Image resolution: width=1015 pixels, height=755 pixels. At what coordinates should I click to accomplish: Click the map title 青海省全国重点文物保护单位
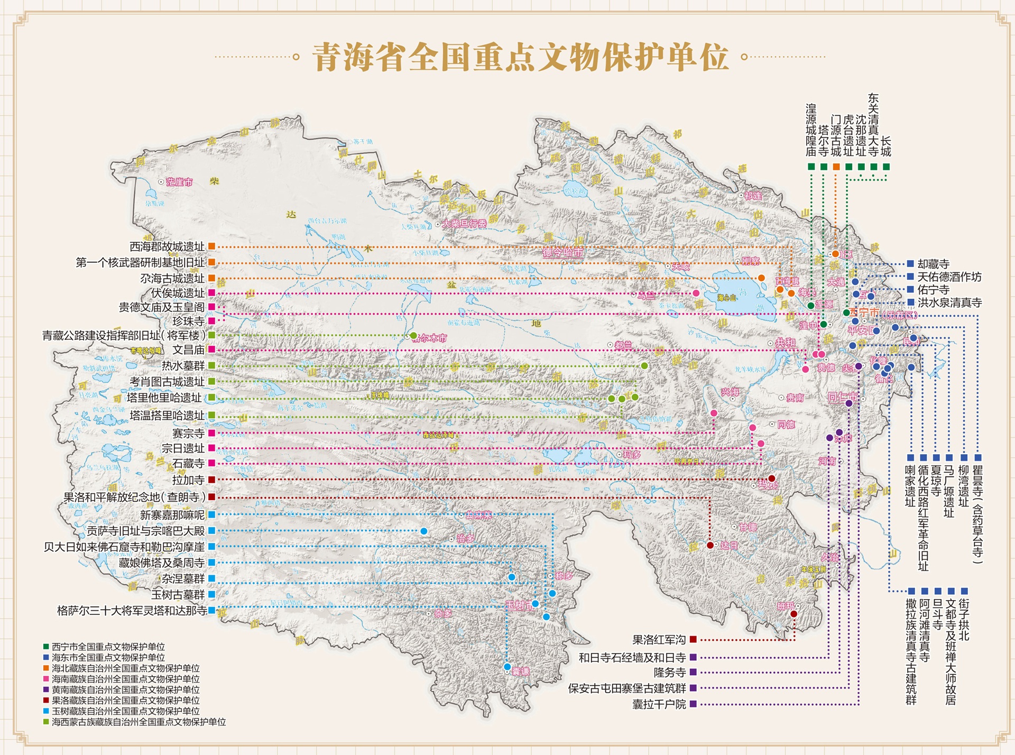[x=521, y=57]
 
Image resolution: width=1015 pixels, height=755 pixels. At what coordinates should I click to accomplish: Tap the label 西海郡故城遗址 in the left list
[x=167, y=246]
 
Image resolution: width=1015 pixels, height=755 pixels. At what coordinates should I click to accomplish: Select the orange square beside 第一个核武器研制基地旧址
[x=211, y=262]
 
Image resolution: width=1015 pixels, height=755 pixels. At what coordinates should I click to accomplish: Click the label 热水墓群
[x=183, y=365]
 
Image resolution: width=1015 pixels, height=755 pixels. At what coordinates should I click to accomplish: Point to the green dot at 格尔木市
[x=413, y=336]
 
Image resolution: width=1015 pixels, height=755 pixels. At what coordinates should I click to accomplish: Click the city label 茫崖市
[x=180, y=182]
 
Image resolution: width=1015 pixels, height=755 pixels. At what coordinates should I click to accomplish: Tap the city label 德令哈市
[x=562, y=253]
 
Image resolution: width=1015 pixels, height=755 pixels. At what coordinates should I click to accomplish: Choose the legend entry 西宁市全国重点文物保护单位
[x=108, y=647]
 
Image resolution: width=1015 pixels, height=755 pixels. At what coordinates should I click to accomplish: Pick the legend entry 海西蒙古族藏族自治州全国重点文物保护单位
[x=139, y=722]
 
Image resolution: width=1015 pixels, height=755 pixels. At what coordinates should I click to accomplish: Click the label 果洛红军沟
[x=659, y=640]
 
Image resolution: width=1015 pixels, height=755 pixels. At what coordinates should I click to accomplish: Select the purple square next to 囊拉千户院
[x=693, y=704]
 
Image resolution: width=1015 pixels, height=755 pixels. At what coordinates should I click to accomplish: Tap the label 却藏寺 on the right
[x=933, y=264]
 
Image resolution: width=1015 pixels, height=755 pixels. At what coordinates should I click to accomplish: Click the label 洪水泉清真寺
[x=949, y=302]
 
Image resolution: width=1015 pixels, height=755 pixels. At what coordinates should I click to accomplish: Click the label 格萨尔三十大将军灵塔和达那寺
[x=132, y=611]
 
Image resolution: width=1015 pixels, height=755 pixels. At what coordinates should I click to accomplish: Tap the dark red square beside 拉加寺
[x=211, y=480]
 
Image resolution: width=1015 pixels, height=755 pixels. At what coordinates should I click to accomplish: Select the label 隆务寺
[x=669, y=673]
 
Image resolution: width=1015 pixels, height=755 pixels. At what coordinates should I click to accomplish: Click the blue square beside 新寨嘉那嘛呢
[x=211, y=514]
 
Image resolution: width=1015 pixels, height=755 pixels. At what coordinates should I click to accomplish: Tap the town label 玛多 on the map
[x=632, y=455]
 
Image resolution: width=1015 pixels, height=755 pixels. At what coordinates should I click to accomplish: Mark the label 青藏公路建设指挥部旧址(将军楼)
[x=124, y=335]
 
